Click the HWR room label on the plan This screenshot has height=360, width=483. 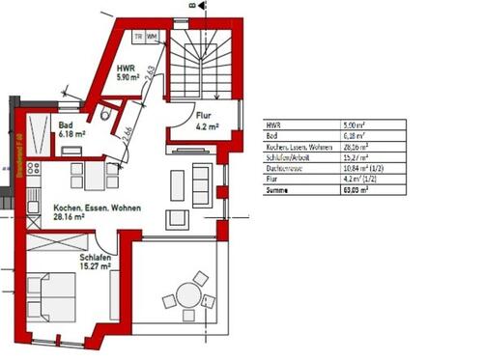126,69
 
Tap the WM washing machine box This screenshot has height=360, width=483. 153,37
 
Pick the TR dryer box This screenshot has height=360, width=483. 139,37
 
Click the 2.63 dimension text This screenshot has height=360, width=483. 151,75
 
